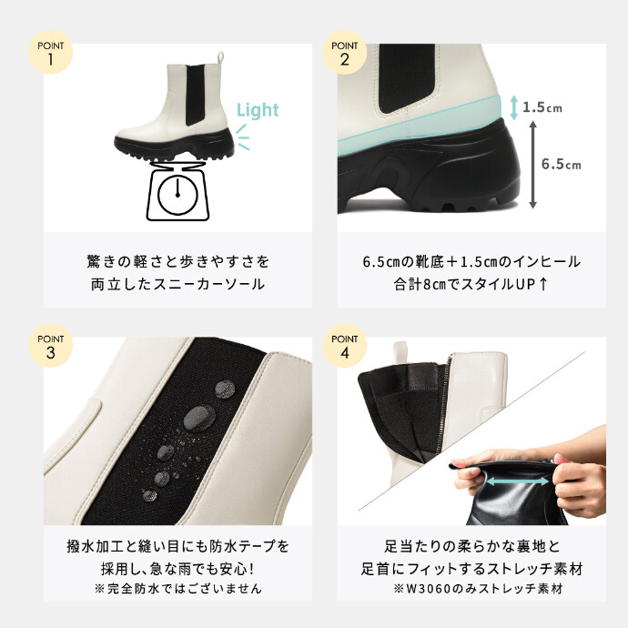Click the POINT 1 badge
point(50,52)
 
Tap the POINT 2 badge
point(344,52)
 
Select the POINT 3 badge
point(50,346)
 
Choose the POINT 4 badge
point(344,346)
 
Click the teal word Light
point(258,110)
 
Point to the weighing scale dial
point(177,195)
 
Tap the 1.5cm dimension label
point(542,107)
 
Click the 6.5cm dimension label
point(562,164)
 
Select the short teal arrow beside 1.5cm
point(514,107)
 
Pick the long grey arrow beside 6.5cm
point(532,165)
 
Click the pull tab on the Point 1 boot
point(220,57)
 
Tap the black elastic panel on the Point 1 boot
point(197,94)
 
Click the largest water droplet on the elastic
point(199,418)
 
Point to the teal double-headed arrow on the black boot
point(517,481)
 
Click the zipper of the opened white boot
point(442,409)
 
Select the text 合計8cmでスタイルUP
point(465,284)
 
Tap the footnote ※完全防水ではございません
point(178,588)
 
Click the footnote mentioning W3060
point(479,588)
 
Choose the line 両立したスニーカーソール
point(177,284)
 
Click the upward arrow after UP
point(543,284)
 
